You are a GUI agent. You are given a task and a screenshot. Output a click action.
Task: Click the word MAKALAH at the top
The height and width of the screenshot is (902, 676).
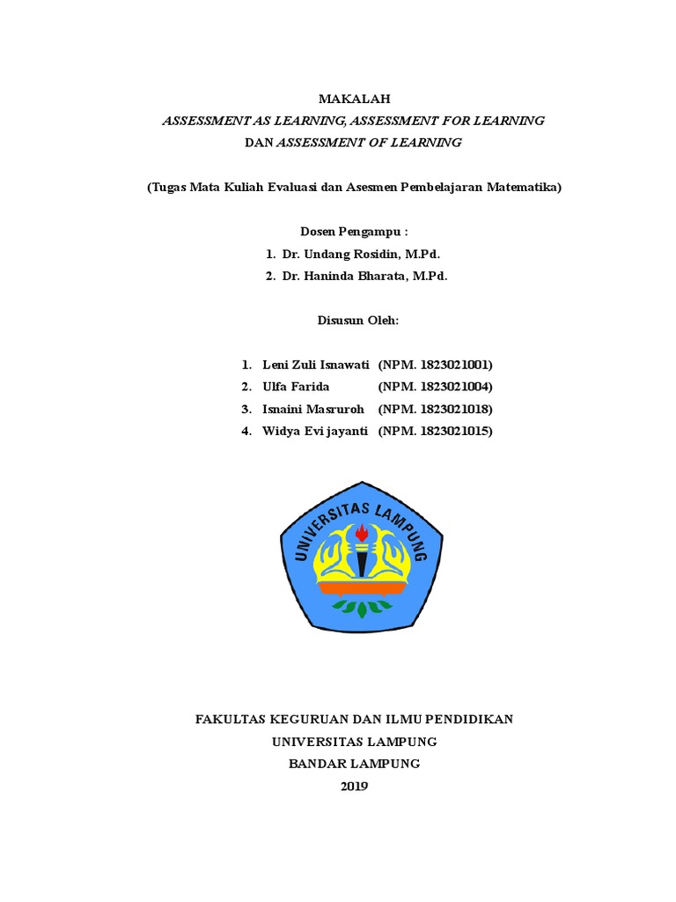click(x=354, y=100)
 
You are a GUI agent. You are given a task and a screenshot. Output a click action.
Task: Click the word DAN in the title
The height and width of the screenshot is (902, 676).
click(x=260, y=142)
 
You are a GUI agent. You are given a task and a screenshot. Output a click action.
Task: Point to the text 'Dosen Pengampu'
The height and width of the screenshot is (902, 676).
click(x=351, y=233)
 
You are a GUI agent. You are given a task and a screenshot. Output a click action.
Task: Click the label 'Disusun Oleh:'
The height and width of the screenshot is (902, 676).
click(x=358, y=321)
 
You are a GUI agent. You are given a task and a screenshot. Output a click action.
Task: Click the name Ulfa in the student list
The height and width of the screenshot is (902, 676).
click(x=276, y=387)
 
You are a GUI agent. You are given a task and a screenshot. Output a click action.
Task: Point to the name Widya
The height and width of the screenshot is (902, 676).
click(x=281, y=431)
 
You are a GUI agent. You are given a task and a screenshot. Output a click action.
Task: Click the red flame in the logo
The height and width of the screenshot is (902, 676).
click(x=361, y=532)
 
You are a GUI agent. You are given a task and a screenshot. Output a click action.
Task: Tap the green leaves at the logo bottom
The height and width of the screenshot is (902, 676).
click(x=361, y=607)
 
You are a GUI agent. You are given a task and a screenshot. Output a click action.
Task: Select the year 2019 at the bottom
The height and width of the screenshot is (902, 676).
click(x=355, y=787)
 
